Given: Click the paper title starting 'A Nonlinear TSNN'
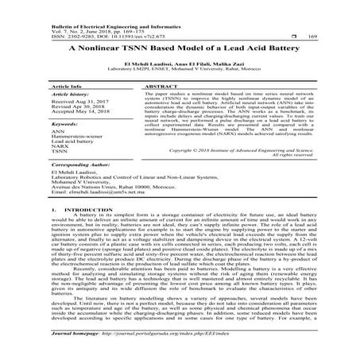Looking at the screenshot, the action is (180, 48).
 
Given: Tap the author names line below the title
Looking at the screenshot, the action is (180, 62).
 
